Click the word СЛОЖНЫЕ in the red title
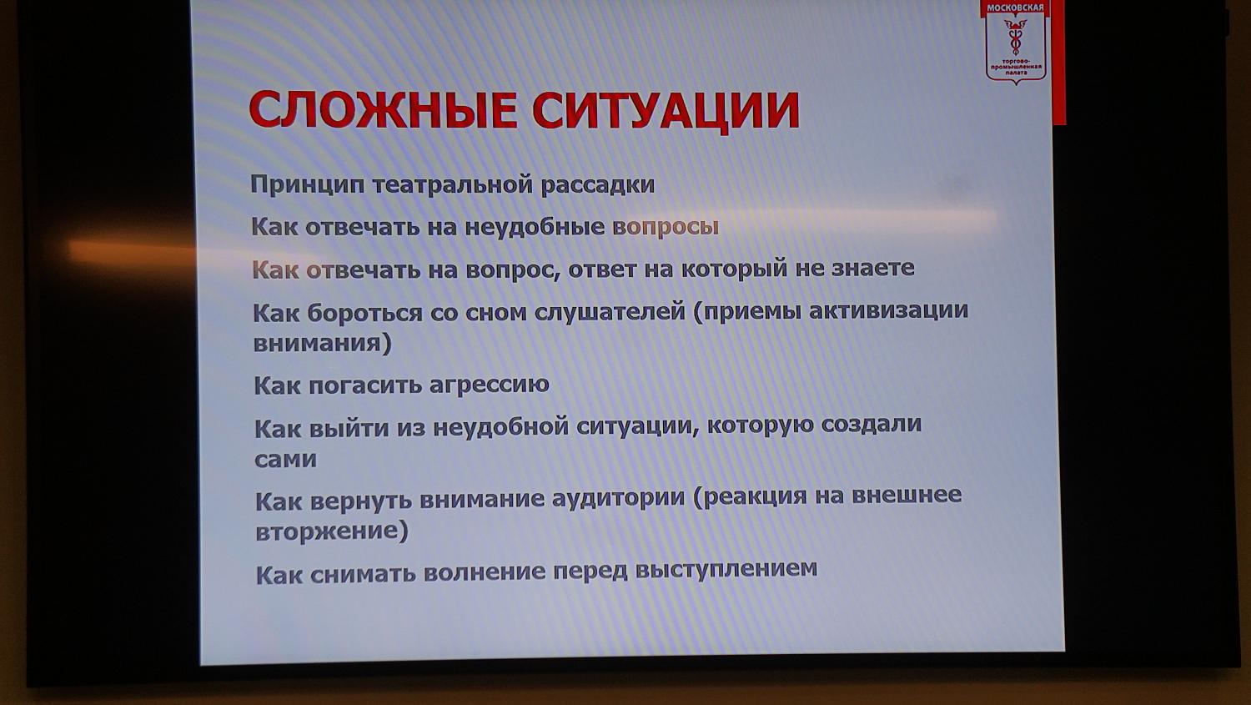[x=383, y=110]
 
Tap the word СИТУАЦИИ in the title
[x=666, y=110]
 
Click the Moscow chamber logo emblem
[x=1016, y=42]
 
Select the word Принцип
[x=307, y=184]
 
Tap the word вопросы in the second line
[x=665, y=226]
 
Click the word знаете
[x=872, y=268]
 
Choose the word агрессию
[x=489, y=384]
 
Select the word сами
[x=285, y=459]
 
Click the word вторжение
[x=331, y=531]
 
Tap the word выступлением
[x=726, y=569]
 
